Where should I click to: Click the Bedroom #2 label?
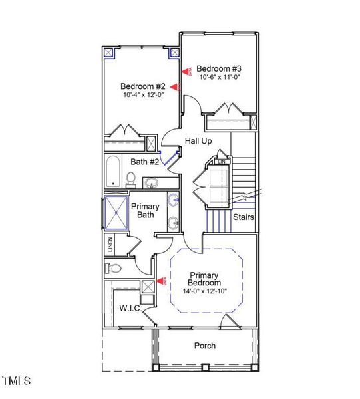142,86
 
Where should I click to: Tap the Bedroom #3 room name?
218,68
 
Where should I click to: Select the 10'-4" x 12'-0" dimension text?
143,95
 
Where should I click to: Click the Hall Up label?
198,141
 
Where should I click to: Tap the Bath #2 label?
144,162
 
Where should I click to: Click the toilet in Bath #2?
131,179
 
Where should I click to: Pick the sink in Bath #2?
152,182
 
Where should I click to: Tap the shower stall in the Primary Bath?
116,212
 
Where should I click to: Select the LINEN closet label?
110,245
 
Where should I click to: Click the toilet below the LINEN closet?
113,269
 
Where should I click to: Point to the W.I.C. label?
128,308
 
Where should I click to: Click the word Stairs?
243,217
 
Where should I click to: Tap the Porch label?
204,346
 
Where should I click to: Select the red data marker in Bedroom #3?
186,70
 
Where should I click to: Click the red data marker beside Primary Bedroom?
164,282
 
